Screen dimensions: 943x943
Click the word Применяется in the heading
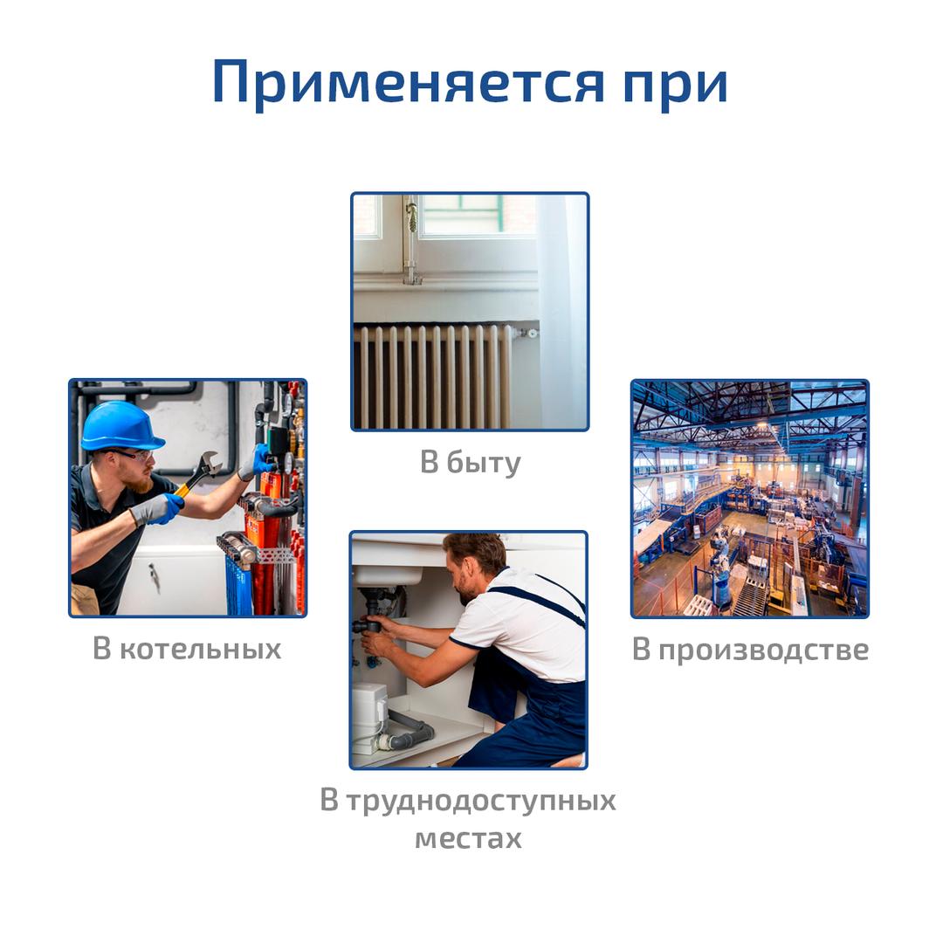pos(408,83)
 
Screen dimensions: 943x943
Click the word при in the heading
pos(676,87)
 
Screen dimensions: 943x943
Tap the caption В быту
pos(471,462)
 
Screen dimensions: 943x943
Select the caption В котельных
pos(187,648)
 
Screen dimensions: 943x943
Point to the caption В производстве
pos(751,650)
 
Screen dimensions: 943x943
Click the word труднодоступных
pos(481,801)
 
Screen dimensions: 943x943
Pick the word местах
pos(469,838)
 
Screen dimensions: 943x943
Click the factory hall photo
pos(750,499)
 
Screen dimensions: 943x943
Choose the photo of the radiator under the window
pos(470,312)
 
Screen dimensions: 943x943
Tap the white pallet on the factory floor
pos(698,605)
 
